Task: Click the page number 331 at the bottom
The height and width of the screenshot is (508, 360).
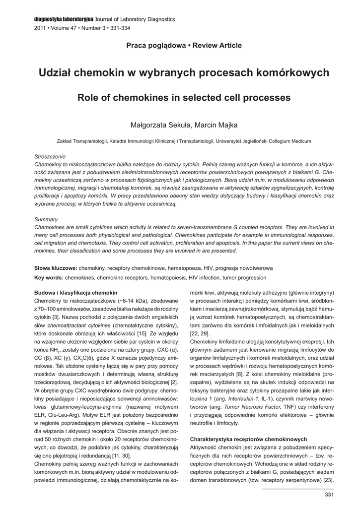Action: point(328,494)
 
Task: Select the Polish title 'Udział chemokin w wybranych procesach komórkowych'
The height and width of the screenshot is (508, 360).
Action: point(184,73)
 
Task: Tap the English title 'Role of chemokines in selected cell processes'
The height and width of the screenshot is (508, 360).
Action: point(184,98)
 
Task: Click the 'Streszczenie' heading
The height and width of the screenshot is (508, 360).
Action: point(50,156)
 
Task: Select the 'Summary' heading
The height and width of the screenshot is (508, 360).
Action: point(46,219)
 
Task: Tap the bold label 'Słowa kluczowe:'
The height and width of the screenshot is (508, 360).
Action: point(56,267)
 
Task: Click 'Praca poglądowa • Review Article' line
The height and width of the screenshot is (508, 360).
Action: point(184,46)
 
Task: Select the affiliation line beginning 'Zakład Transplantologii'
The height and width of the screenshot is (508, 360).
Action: point(184,141)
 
